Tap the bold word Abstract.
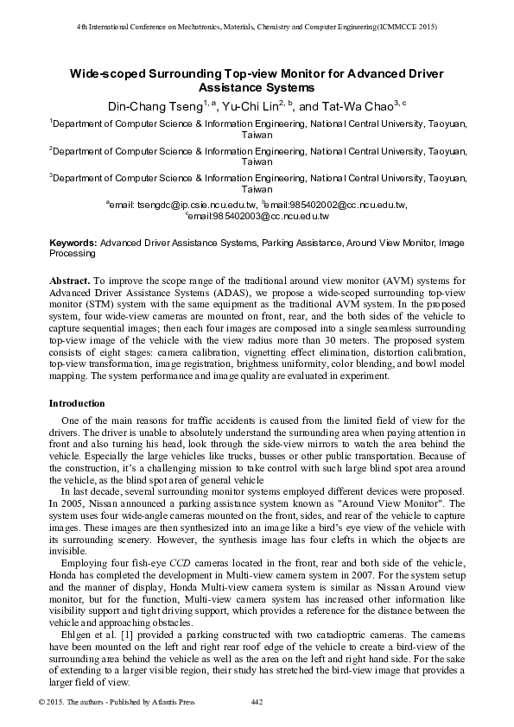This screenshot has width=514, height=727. tap(69, 281)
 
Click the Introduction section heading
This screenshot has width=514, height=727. tap(77, 403)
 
